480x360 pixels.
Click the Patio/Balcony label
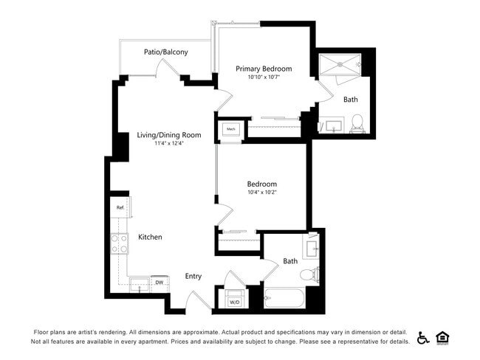point(165,52)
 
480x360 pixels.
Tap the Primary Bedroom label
point(264,69)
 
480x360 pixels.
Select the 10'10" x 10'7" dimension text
point(264,77)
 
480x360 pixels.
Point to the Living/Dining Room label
point(169,135)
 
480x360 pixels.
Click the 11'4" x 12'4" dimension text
point(169,144)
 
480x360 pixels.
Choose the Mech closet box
point(230,129)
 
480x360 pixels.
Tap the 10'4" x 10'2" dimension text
point(262,193)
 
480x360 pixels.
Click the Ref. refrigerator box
point(120,207)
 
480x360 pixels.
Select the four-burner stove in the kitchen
point(120,243)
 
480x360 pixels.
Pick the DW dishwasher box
point(159,283)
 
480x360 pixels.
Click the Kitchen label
point(150,237)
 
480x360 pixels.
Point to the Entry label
point(193,277)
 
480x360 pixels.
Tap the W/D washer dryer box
point(234,299)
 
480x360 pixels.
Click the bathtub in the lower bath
point(284,300)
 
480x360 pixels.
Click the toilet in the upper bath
point(357,122)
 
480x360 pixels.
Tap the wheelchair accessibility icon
point(424,338)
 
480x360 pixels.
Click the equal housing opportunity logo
point(443,338)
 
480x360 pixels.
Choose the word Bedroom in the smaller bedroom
point(262,184)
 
